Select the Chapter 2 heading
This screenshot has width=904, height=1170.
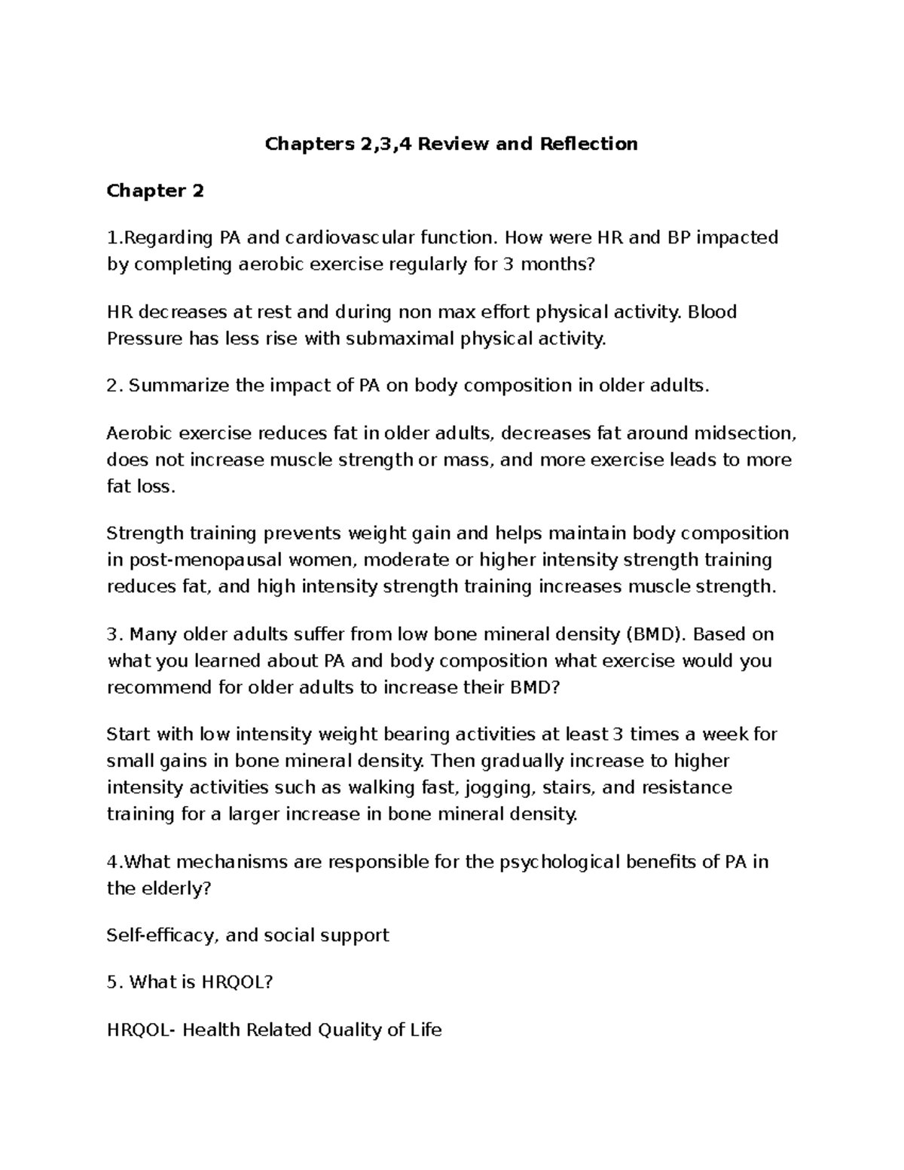click(155, 191)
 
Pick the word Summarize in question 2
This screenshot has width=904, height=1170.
click(170, 386)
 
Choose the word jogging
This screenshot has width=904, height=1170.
click(502, 788)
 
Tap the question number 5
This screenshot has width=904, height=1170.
click(114, 982)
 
